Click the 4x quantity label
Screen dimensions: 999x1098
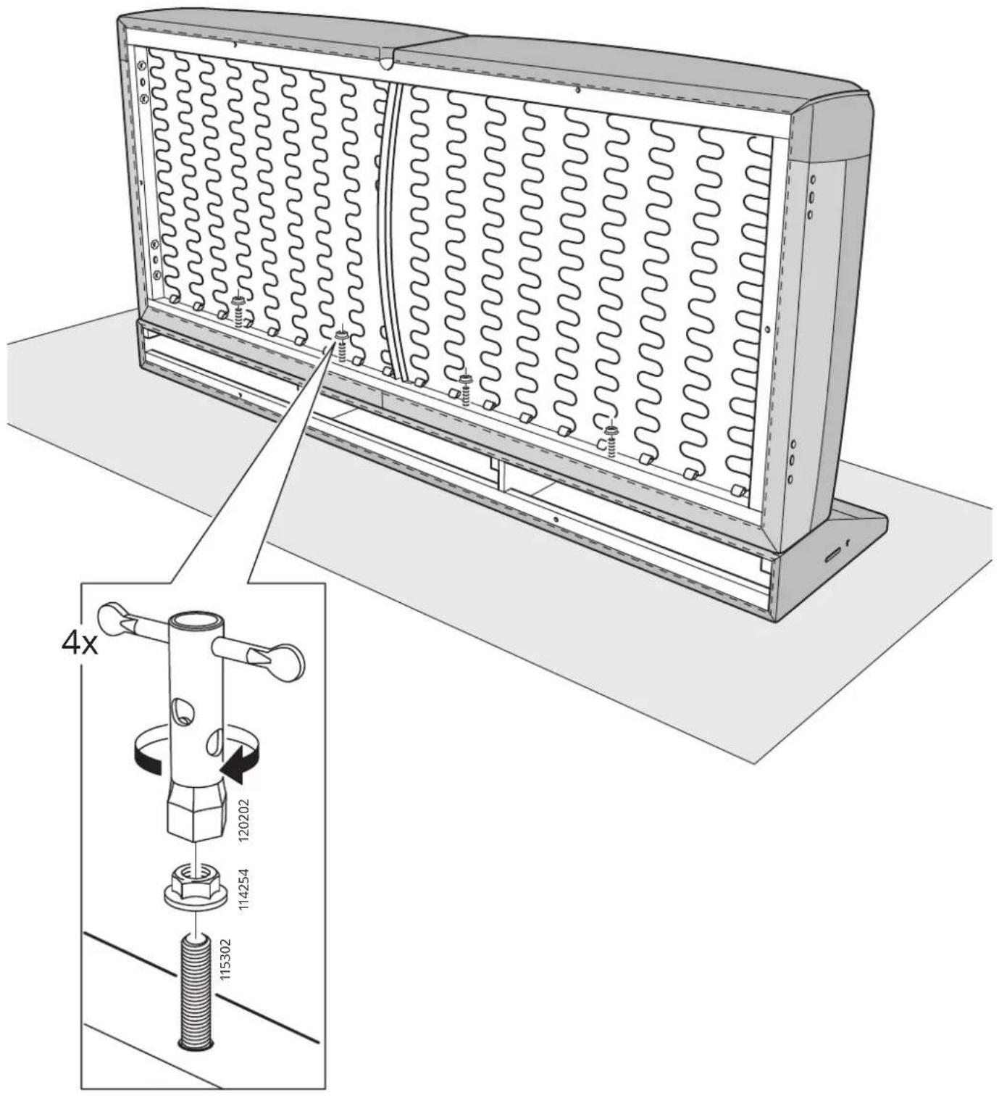tap(80, 645)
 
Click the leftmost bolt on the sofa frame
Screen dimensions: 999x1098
tap(238, 311)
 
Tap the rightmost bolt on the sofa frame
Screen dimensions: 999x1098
tap(611, 438)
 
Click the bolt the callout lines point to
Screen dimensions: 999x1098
tap(341, 345)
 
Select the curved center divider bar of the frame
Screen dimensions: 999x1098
tap(392, 230)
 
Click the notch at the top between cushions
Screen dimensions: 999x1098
tap(385, 62)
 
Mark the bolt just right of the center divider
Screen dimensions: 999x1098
tap(466, 388)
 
